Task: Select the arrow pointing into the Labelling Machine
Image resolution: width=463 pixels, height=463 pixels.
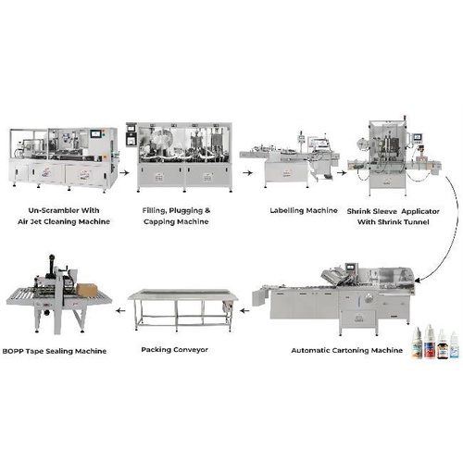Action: [230, 172]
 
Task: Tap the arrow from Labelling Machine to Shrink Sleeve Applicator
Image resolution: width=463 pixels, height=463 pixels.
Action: [340, 172]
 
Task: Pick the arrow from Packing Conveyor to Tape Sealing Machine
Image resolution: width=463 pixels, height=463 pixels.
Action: [119, 314]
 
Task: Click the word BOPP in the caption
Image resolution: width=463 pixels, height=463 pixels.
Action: [17, 351]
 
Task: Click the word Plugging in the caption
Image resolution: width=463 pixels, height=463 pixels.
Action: [188, 210]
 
